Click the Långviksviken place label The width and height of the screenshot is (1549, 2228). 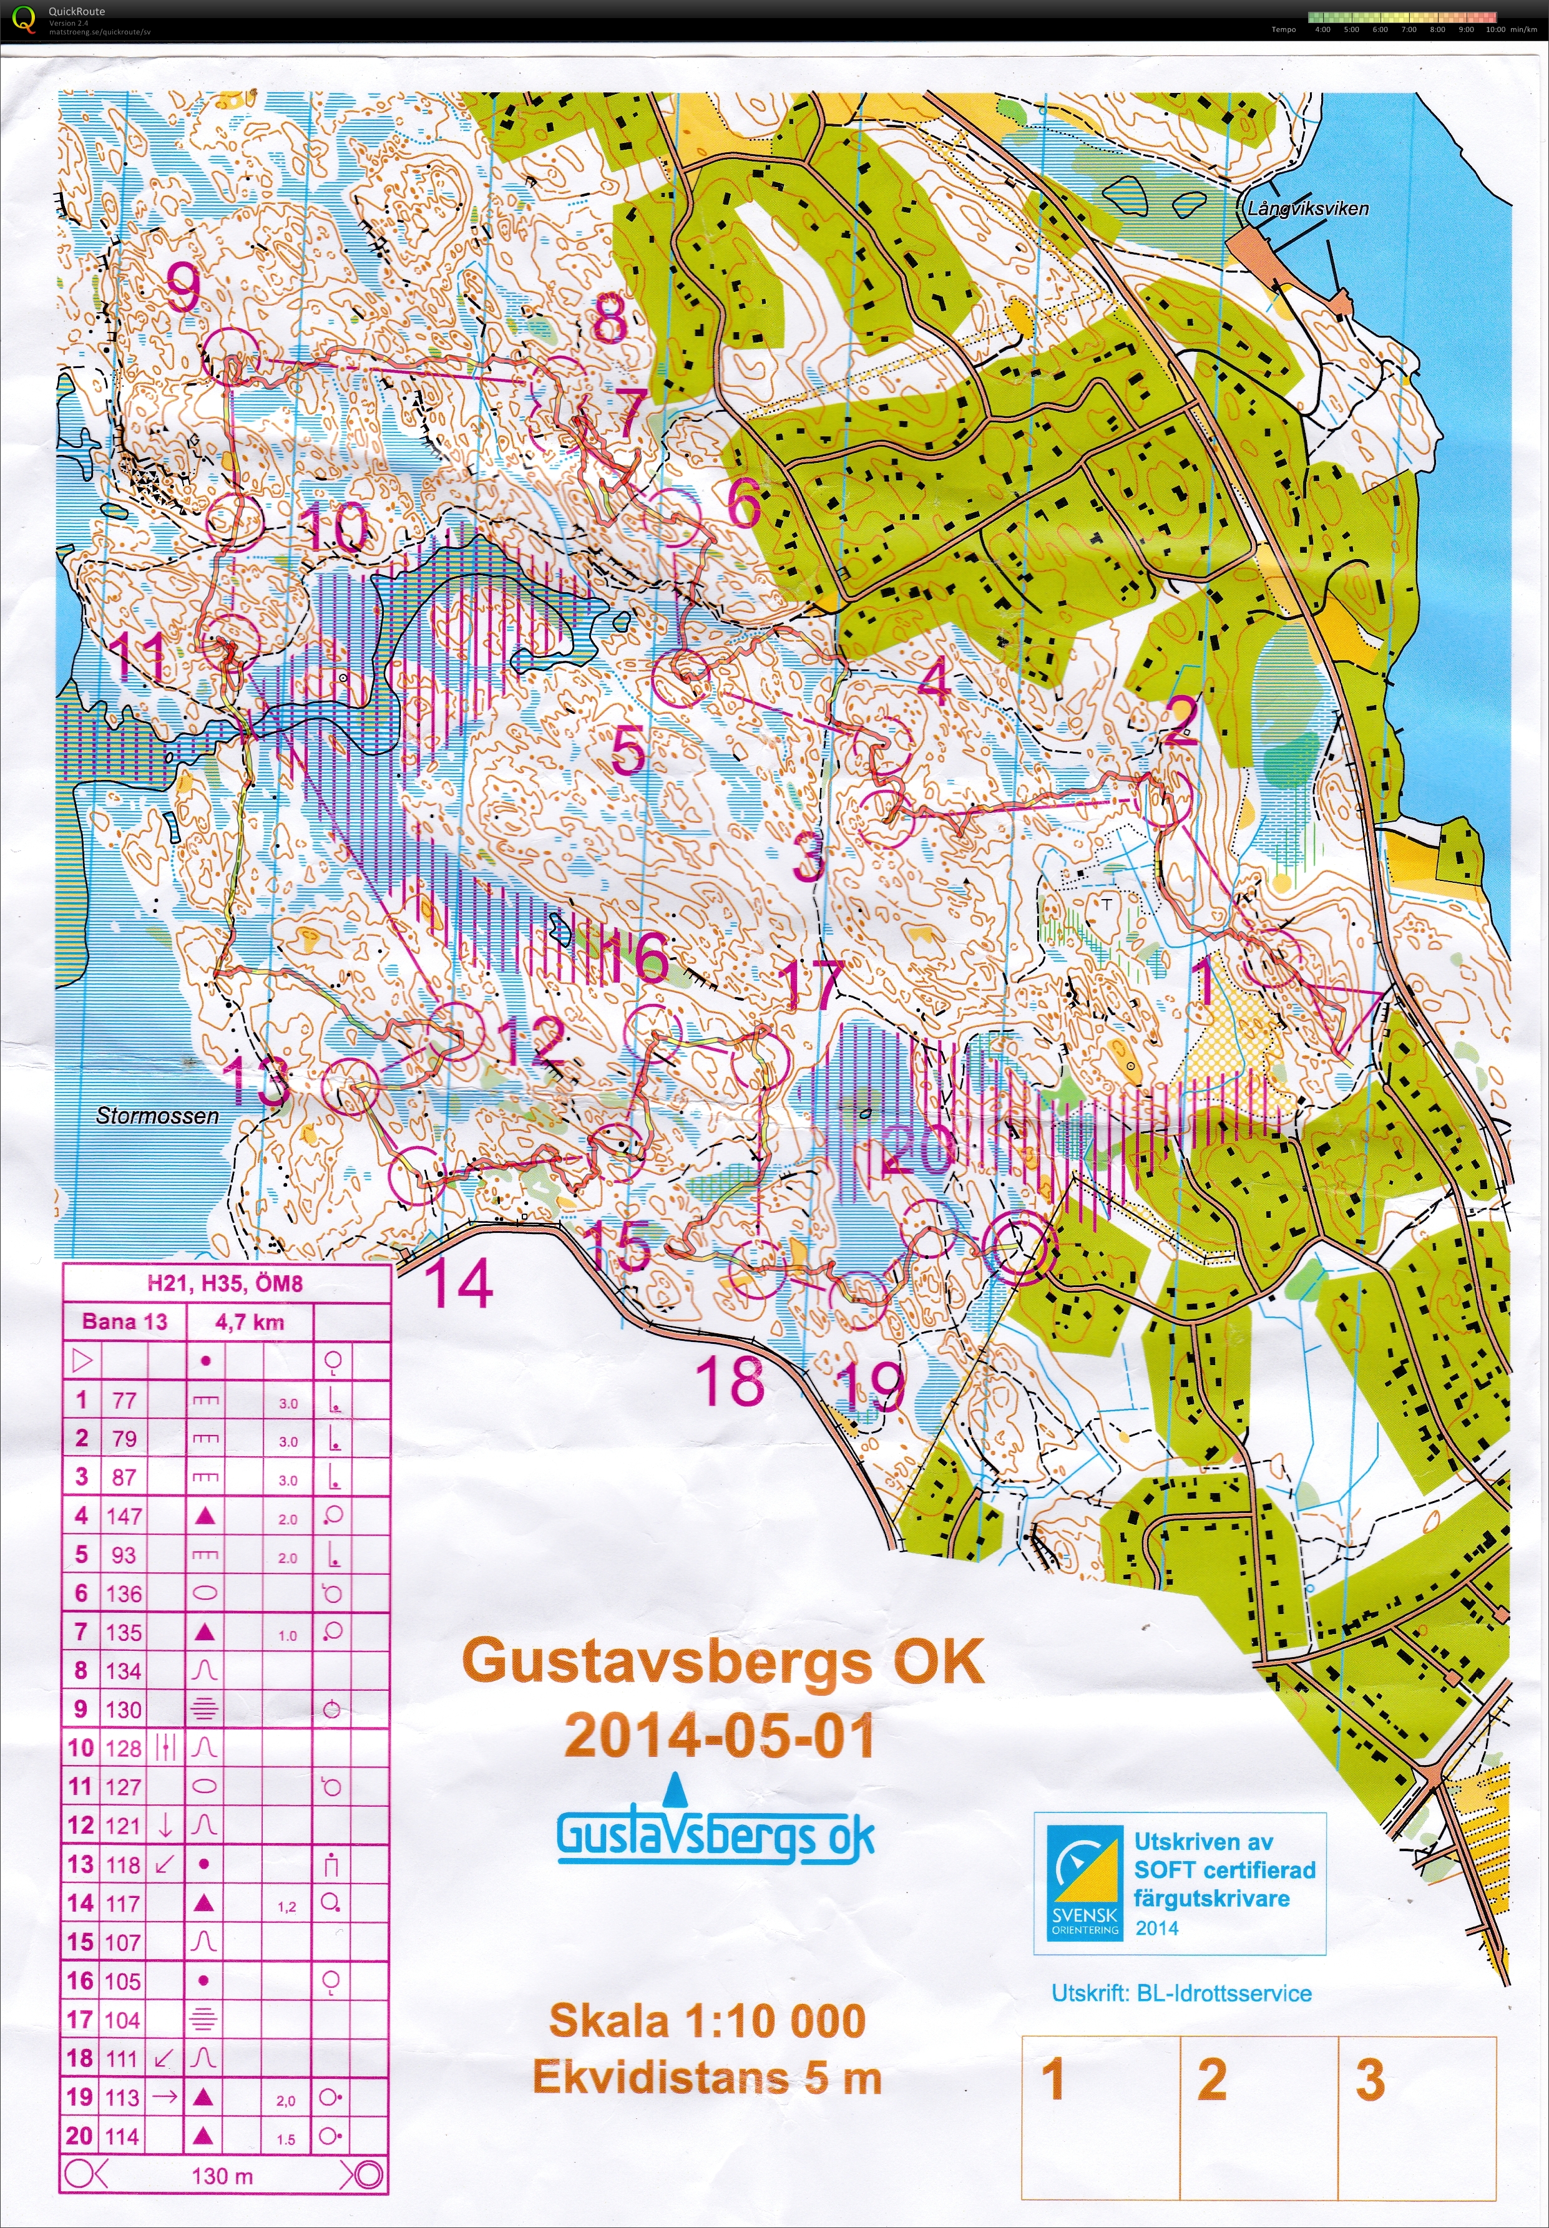[x=1307, y=208]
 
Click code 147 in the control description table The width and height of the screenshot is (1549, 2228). [x=124, y=1515]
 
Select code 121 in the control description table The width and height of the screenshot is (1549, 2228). [x=124, y=1826]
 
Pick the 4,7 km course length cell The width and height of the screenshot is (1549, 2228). [x=250, y=1321]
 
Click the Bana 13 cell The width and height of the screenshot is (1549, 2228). [x=124, y=1321]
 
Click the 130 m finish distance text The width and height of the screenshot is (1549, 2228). [x=222, y=2176]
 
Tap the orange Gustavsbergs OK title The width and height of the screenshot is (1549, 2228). [x=723, y=1662]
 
